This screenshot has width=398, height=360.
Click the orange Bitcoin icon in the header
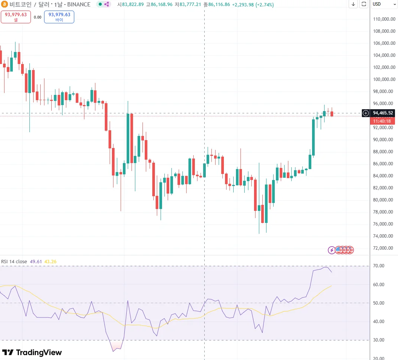pyautogui.click(x=5, y=5)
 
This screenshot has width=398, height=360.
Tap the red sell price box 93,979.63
pyautogui.click(x=16, y=17)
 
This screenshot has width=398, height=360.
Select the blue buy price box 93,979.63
pyautogui.click(x=59, y=17)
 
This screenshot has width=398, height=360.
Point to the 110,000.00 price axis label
pyautogui.click(x=384, y=19)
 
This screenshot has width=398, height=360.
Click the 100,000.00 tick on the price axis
pyautogui.click(x=384, y=79)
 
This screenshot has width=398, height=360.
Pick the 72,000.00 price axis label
pyautogui.click(x=384, y=248)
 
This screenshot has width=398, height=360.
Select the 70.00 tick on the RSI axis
pyautogui.click(x=379, y=266)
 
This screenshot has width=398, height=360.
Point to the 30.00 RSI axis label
pyautogui.click(x=379, y=340)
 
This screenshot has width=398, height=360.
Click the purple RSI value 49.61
pyautogui.click(x=36, y=262)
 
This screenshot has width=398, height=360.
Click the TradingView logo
pyautogui.click(x=32, y=352)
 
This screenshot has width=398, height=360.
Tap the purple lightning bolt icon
pyautogui.click(x=332, y=250)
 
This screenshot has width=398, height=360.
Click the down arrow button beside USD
pyautogui.click(x=353, y=4)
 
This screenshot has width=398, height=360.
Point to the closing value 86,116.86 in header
pyautogui.click(x=219, y=5)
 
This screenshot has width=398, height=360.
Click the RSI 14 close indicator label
pyautogui.click(x=14, y=262)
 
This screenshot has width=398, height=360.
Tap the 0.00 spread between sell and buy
pyautogui.click(x=37, y=17)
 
